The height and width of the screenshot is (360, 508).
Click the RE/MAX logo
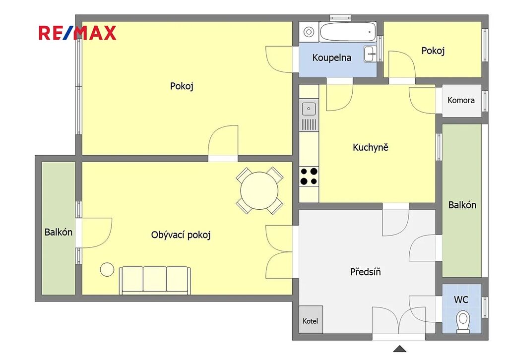coord(77,33)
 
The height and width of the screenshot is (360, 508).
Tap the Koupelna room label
coord(331,58)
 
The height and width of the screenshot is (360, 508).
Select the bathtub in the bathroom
coord(348,32)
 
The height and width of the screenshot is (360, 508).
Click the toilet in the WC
coord(463,321)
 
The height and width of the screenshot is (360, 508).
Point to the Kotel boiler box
coord(311,319)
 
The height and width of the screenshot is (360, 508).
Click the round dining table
coord(259,191)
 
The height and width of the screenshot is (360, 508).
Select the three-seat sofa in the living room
coord(155,280)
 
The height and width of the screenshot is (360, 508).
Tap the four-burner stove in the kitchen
coord(309,176)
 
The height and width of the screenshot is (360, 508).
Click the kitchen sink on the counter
coord(309,109)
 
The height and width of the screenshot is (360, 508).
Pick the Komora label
coord(461,100)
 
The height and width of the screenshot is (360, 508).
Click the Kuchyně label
coord(370,147)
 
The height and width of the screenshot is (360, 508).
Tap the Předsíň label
coord(365,271)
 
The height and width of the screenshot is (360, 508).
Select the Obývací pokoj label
coord(181,235)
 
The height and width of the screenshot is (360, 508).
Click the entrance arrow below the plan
coord(399,349)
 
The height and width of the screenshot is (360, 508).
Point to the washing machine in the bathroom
coord(309,32)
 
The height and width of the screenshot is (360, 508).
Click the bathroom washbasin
coord(370,54)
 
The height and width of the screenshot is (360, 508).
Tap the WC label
coord(461,300)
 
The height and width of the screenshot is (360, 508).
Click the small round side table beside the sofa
coord(107,269)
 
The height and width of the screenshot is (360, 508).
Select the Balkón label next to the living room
coord(59,232)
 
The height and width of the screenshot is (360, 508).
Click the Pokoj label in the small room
coord(433,51)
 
